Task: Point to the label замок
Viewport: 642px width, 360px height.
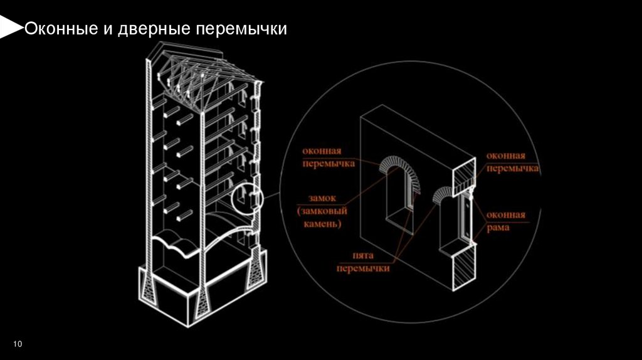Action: [320, 196]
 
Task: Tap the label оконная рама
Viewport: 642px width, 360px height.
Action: [505, 221]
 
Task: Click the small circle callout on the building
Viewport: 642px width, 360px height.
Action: [246, 200]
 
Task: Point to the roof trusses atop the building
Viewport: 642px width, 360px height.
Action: [201, 72]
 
